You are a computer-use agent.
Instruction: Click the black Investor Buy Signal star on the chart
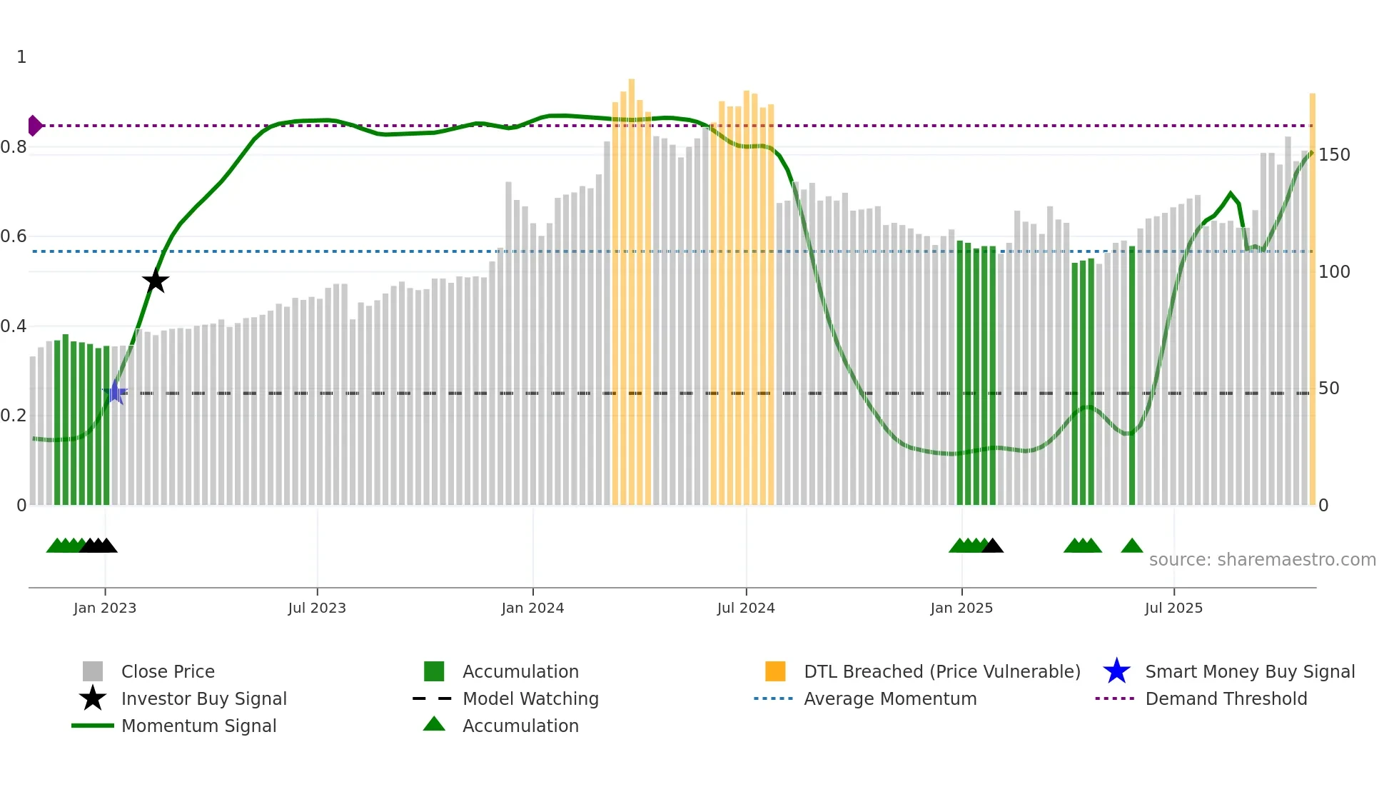[x=155, y=281]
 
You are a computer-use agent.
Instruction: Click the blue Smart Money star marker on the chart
[x=115, y=392]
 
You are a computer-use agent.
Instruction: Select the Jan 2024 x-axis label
[x=532, y=608]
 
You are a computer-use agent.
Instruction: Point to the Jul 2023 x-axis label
[x=317, y=608]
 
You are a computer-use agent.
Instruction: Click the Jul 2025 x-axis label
[x=1173, y=608]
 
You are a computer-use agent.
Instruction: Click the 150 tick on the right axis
[x=1334, y=155]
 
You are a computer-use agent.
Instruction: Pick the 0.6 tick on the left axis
[x=14, y=236]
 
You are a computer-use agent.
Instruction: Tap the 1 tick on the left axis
[x=21, y=57]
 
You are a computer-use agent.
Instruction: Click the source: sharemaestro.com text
[x=1262, y=560]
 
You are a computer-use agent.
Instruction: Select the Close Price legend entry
[x=168, y=671]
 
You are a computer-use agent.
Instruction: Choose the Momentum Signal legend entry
[x=198, y=726]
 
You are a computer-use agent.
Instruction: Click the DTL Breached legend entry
[x=941, y=671]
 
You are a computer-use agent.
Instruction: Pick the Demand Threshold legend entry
[x=1226, y=698]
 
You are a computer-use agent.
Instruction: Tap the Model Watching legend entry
[x=530, y=698]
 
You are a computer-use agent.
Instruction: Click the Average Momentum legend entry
[x=889, y=698]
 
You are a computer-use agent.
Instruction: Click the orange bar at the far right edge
[x=1312, y=300]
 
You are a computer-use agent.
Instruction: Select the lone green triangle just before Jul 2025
[x=1132, y=546]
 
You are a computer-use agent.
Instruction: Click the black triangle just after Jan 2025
[x=992, y=546]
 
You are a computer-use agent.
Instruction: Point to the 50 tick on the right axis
[x=1328, y=389]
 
